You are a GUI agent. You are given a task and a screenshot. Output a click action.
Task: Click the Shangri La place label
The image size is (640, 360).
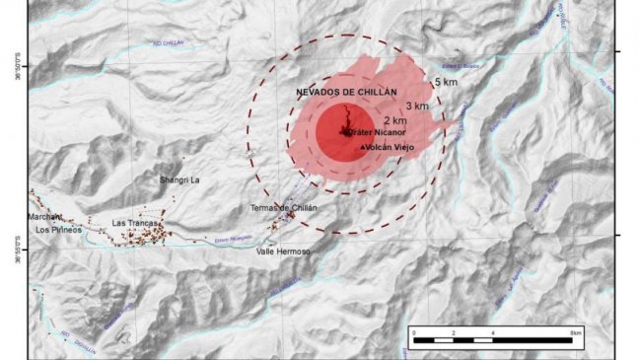[x=179, y=180]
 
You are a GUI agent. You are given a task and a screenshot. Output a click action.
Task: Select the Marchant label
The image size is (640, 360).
[x=45, y=216]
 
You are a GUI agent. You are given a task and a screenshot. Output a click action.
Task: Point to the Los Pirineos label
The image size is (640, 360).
[x=57, y=230]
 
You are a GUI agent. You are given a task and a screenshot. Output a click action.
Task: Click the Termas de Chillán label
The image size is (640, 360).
[x=283, y=207]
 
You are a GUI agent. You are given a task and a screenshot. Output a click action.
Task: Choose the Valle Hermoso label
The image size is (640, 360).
[x=283, y=252]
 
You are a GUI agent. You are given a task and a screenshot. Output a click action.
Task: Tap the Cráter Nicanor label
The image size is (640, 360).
[x=372, y=130]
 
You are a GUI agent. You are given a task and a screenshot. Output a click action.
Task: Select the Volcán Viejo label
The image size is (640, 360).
[x=391, y=147]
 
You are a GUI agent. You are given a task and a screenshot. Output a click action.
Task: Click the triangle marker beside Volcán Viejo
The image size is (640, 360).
[x=365, y=147]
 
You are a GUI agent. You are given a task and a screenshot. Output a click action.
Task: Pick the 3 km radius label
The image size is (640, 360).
[x=417, y=106]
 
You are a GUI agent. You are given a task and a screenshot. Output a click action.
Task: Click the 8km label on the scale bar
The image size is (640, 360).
[x=576, y=335]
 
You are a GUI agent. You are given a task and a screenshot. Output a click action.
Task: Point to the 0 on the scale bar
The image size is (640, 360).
[x=415, y=335]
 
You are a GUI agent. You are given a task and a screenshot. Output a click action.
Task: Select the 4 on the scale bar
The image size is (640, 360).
[x=491, y=335]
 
